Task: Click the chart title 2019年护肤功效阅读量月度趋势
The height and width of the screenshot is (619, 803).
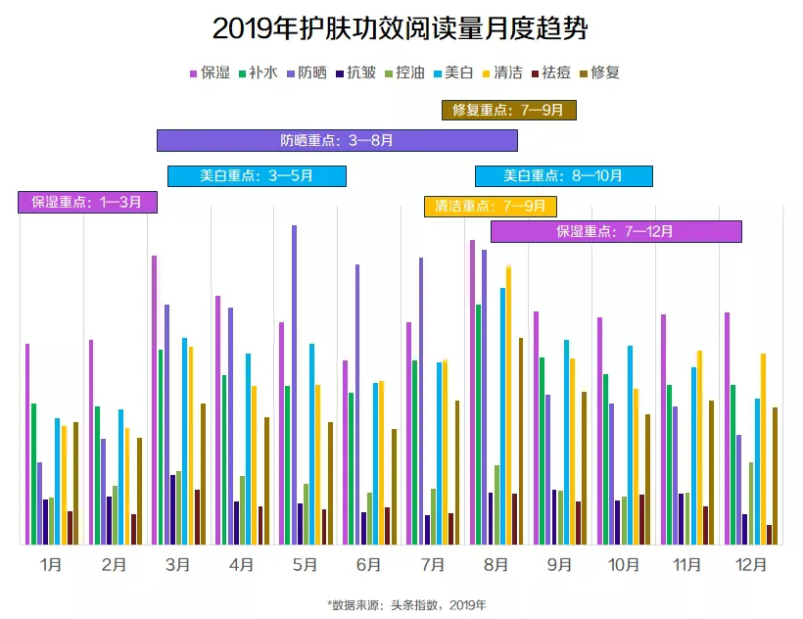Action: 401,27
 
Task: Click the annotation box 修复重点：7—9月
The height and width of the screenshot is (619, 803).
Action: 508,110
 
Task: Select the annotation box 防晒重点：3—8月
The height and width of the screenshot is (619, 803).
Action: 337,140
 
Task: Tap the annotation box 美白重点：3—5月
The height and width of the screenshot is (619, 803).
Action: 257,176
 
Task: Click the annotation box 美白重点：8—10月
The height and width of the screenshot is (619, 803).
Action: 563,176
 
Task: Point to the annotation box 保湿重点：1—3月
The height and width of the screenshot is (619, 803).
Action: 87,203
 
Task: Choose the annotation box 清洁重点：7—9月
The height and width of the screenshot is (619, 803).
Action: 490,207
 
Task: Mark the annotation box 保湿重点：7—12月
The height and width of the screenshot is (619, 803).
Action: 615,232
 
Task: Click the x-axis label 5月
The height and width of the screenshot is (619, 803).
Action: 305,565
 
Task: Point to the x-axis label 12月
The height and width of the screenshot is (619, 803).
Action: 751,565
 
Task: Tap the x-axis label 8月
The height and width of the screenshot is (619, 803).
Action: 496,565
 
